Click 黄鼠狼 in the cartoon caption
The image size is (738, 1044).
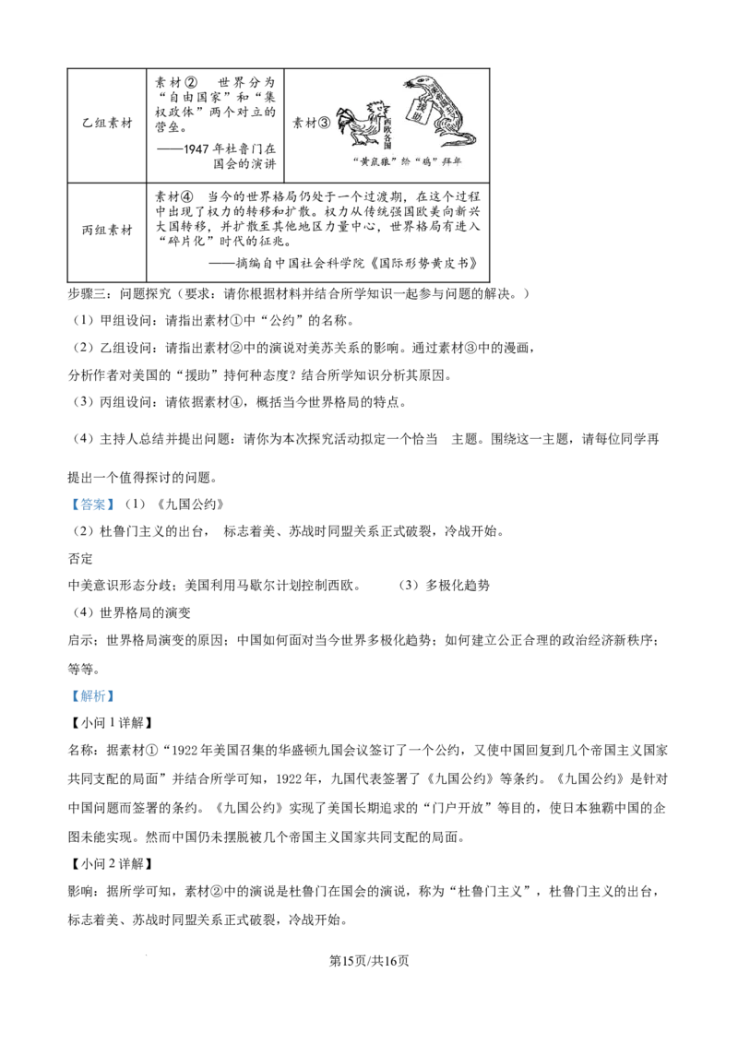click(x=378, y=161)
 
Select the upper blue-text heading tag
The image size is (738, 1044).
click(x=92, y=505)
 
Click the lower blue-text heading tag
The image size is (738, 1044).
click(x=92, y=697)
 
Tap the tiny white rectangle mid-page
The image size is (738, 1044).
click(x=265, y=572)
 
